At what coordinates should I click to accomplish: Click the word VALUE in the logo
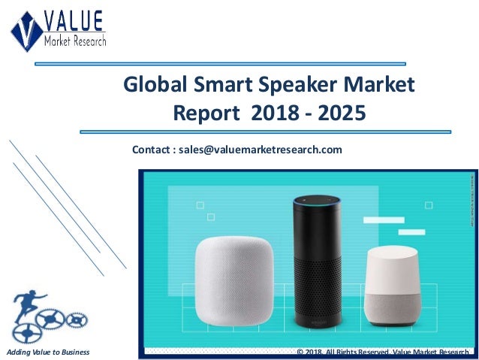(x=74, y=20)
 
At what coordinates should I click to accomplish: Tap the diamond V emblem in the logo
(x=27, y=30)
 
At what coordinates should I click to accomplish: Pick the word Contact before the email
(x=153, y=150)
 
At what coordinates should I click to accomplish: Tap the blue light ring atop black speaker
(x=316, y=201)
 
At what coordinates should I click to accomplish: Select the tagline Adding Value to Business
(x=47, y=352)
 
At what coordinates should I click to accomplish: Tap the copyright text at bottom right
(x=383, y=352)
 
